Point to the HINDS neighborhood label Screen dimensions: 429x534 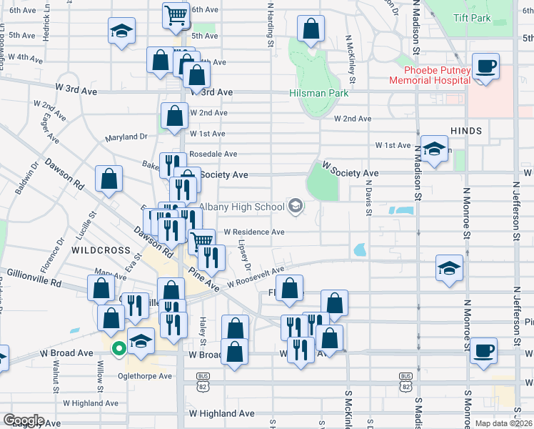click(466, 131)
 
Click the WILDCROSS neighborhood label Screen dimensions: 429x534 click(101, 251)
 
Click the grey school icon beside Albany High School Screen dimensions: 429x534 click(295, 207)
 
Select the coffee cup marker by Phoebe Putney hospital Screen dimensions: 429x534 click(485, 66)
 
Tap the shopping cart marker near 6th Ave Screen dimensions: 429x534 click(176, 14)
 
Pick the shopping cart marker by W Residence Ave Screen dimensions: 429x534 click(202, 241)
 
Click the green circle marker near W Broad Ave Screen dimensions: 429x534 click(120, 349)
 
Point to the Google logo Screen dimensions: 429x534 click(23, 420)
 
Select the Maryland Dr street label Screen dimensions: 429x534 click(126, 137)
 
